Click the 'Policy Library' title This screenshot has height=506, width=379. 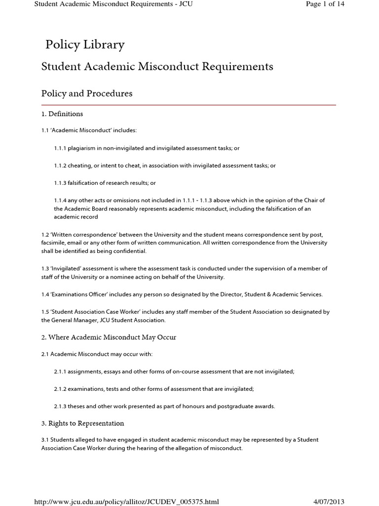(x=85, y=45)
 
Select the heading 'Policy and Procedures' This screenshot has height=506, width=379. (x=87, y=93)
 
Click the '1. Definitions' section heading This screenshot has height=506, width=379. (x=62, y=114)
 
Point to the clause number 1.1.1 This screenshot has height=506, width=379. (x=61, y=148)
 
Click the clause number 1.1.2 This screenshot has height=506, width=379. (x=61, y=166)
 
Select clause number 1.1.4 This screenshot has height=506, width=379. (x=61, y=200)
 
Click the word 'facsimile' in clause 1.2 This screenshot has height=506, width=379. (x=54, y=243)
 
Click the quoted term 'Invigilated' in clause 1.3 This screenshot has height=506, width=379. (x=67, y=268)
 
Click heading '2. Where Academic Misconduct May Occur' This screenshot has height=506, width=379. (x=109, y=337)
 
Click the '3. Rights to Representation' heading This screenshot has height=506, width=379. (x=83, y=423)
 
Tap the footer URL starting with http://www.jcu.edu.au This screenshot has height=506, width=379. (x=126, y=502)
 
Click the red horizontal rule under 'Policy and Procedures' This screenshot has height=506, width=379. (x=189, y=105)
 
